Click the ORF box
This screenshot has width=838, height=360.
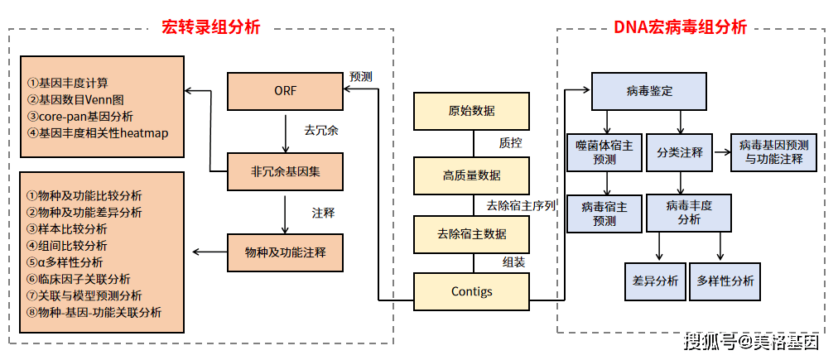pyautogui.click(x=285, y=91)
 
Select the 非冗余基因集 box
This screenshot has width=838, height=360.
pyautogui.click(x=285, y=172)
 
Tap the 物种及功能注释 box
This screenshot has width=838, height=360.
pyautogui.click(x=285, y=252)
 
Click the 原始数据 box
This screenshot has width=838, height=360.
pyautogui.click(x=471, y=111)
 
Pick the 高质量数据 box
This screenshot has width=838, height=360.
pyautogui.click(x=471, y=175)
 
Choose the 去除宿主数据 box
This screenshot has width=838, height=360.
pyautogui.click(x=471, y=233)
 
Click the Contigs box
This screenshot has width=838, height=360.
pyautogui.click(x=471, y=291)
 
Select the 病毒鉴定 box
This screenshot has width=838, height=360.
pyautogui.click(x=649, y=91)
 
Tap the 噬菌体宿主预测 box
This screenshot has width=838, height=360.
pyautogui.click(x=604, y=152)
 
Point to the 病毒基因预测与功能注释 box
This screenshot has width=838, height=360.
pyautogui.click(x=773, y=152)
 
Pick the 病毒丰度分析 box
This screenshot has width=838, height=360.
pyautogui.click(x=689, y=213)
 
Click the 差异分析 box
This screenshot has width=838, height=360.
pyautogui.click(x=655, y=281)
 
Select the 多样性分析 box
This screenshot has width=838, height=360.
pyautogui.click(x=725, y=281)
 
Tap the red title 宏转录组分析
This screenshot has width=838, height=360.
pyautogui.click(x=210, y=27)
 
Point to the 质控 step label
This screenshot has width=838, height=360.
pyautogui.click(x=510, y=142)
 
